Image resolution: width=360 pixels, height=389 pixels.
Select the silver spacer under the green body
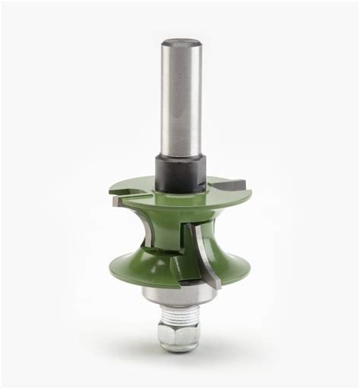click(x=179, y=287)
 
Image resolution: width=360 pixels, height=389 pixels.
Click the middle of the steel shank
click(x=179, y=99)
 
